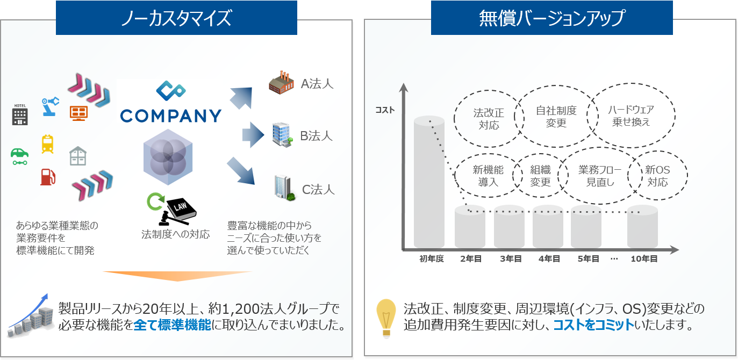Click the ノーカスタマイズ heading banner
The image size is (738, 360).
[x=176, y=18]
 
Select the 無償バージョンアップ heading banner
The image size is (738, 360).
[x=551, y=18]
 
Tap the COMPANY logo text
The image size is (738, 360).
[x=171, y=116]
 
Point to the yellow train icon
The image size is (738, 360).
[x=47, y=143]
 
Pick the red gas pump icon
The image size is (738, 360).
[x=47, y=176]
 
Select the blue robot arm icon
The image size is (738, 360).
[x=50, y=105]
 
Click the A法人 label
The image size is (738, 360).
[x=317, y=83]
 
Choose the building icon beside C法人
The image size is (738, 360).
[x=283, y=188]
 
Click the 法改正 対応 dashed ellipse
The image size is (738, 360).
[x=488, y=119]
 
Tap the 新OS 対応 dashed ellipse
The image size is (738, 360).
[x=657, y=176]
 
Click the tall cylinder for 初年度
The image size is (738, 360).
[x=429, y=183]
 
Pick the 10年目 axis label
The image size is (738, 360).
[x=644, y=259]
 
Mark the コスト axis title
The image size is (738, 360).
[x=385, y=110]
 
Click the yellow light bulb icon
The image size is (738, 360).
[x=386, y=317]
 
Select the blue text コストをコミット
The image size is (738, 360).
[x=593, y=325]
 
